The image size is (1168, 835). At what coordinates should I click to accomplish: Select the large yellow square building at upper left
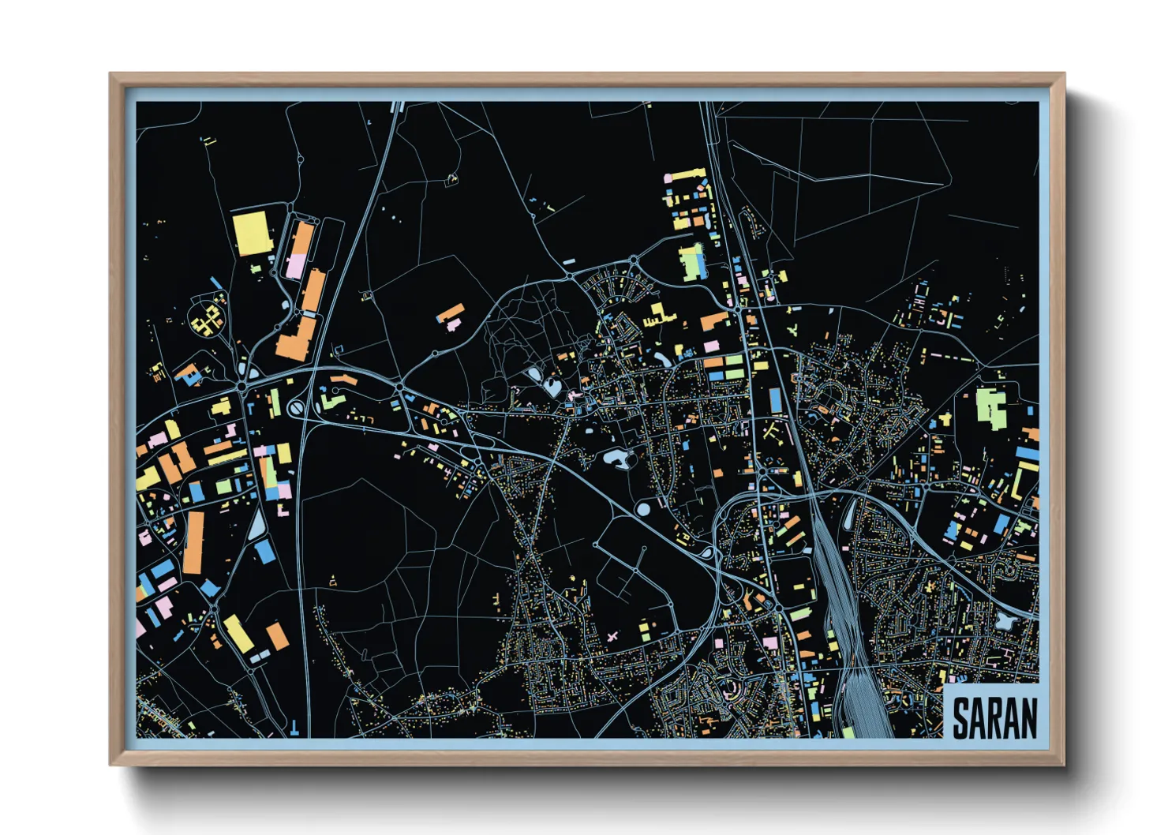(253, 232)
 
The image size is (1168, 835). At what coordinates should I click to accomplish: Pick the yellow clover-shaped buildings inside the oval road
(208, 320)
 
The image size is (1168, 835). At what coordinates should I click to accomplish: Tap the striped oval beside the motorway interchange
(296, 409)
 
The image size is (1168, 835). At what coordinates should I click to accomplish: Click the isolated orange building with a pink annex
(450, 316)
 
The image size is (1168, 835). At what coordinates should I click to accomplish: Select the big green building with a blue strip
(692, 262)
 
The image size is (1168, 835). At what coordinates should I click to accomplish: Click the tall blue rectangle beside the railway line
(776, 401)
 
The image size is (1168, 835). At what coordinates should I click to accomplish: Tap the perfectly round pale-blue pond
(644, 509)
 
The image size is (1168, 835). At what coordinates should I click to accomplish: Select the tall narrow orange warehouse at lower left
(193, 543)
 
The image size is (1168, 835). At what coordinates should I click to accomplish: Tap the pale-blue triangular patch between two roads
(257, 525)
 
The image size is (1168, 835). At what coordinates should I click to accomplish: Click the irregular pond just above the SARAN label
(1004, 622)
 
